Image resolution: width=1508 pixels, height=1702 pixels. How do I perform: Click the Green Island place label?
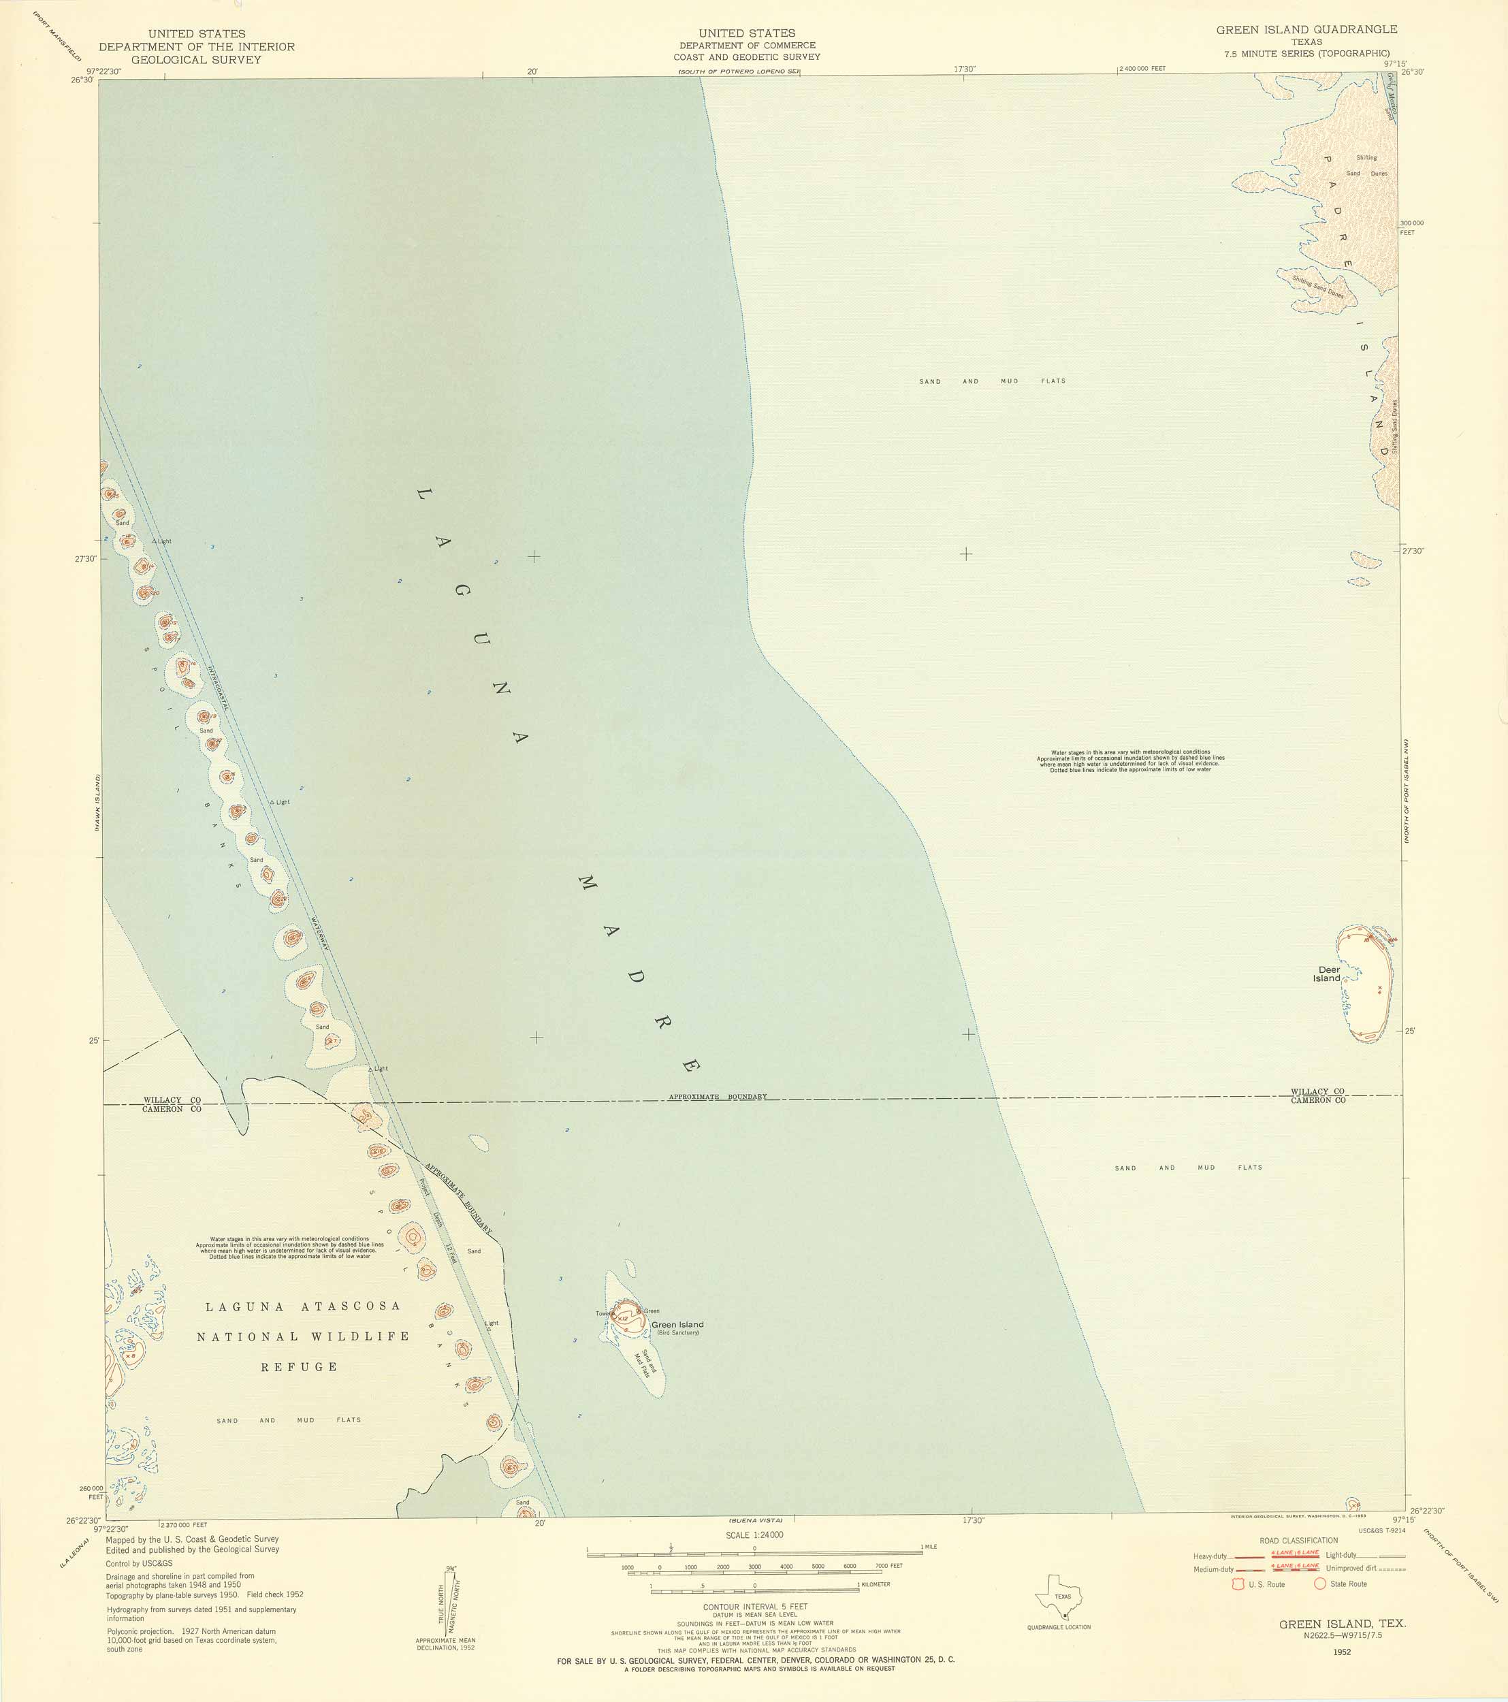[x=677, y=1325]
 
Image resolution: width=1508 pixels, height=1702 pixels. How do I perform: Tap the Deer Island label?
[x=1328, y=974]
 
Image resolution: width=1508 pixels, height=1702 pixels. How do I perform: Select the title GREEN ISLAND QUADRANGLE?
[x=1306, y=29]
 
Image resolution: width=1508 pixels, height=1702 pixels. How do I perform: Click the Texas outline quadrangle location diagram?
[x=1059, y=1596]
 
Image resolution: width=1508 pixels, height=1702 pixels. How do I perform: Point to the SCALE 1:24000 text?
[x=754, y=1535]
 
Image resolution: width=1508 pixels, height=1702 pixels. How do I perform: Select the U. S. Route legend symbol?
[x=1238, y=1584]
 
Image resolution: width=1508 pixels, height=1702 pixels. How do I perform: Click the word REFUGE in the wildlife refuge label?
[x=299, y=1367]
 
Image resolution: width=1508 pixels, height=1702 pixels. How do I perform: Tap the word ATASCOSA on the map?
[x=351, y=1306]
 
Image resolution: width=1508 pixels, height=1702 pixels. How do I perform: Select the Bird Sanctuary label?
[x=678, y=1333]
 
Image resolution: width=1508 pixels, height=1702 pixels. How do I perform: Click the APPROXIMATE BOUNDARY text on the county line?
[x=718, y=1097]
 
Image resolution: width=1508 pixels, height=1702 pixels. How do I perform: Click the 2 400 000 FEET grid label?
[x=1142, y=68]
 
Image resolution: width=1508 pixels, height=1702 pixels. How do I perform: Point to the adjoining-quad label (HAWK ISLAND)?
[x=97, y=803]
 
